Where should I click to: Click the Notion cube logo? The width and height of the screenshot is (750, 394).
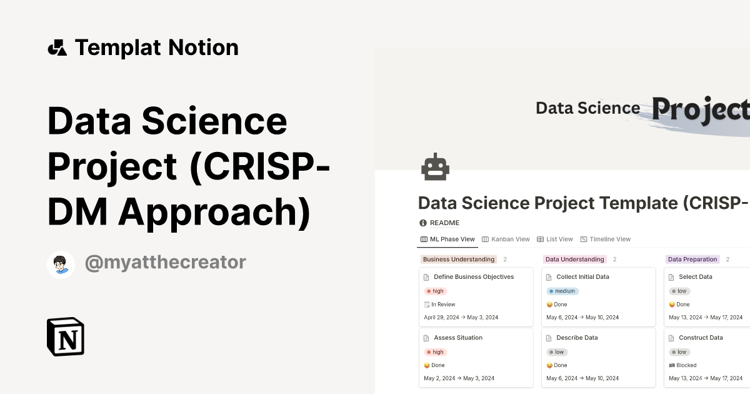click(66, 337)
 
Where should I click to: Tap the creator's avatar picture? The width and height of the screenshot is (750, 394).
click(61, 264)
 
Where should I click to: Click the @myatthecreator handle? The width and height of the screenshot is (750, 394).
click(165, 263)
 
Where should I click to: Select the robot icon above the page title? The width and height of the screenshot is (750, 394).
click(436, 168)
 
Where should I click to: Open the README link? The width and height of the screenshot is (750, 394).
click(444, 223)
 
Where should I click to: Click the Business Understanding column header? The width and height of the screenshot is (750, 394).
click(459, 260)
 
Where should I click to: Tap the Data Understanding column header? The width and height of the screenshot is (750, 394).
click(574, 260)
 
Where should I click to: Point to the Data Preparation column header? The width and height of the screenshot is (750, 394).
click(692, 260)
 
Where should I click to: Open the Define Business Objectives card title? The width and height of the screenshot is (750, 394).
click(473, 277)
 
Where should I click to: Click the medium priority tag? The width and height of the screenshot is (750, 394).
click(562, 291)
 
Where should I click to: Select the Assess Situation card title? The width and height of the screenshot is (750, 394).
click(458, 338)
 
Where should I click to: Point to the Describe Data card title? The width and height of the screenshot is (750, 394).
click(577, 338)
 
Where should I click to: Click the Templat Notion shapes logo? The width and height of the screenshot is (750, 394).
click(57, 48)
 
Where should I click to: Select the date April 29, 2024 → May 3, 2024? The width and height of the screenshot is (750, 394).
click(461, 318)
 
